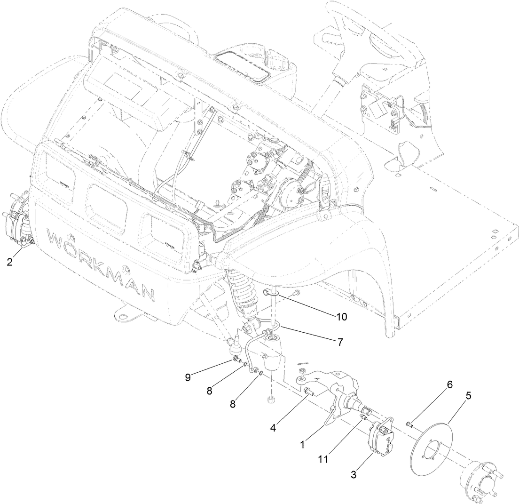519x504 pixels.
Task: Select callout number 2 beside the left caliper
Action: click(x=10, y=262)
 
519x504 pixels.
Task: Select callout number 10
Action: click(x=341, y=316)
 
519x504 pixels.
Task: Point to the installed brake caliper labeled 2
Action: click(x=18, y=224)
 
